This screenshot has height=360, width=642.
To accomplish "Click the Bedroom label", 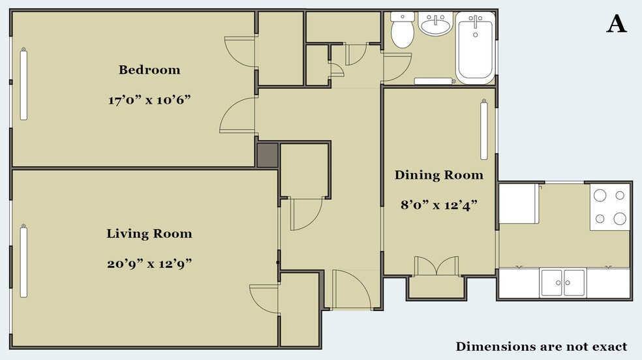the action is pos(149,70).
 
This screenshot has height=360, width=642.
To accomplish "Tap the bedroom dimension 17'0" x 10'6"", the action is pos(149,100).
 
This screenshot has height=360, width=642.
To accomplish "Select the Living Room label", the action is pos(149,233).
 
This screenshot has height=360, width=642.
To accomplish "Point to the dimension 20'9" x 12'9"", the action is pos(149,263).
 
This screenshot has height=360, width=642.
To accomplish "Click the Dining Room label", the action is pos(439,175).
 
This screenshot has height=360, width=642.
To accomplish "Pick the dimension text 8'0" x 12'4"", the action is pos(439,205).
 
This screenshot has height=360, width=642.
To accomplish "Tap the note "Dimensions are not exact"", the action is pos(542,346).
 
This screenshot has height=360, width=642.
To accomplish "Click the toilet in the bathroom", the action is pos(402,29).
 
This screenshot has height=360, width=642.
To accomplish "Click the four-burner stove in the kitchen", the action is pos(609,207).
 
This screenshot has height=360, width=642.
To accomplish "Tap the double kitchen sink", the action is pos(563,282).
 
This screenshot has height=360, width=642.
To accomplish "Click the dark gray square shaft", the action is pos(267,155).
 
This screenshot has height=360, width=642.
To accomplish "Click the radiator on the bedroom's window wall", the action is pos(23,84).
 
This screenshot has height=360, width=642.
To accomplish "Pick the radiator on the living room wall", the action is pos(23,261).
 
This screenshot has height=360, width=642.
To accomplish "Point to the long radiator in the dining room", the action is pos(484,129).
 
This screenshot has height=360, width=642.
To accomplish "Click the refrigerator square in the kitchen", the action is pos(519,203).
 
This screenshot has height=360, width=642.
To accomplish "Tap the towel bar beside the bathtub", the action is pos(435,81).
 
